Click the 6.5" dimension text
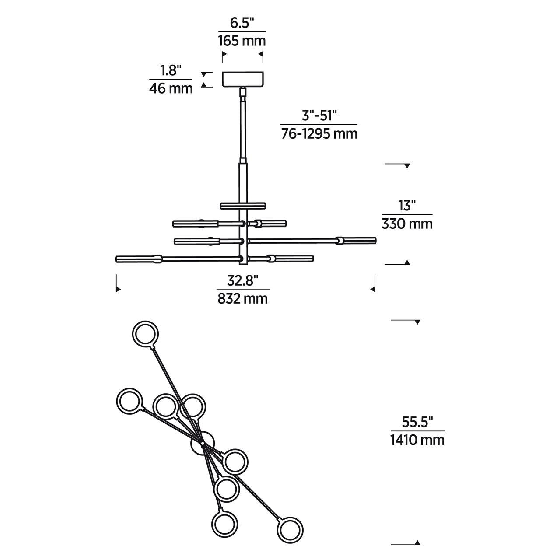click(242, 23)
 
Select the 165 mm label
click(242, 41)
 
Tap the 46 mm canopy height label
click(171, 88)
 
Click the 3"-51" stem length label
click(319, 115)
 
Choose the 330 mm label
click(407, 224)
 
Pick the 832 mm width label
click(242, 298)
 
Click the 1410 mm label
click(417, 440)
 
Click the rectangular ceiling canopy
click(243, 79)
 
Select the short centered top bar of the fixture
click(243, 205)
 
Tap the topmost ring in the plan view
click(145, 334)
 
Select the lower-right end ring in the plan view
click(290, 530)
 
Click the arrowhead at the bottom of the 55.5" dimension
click(417, 542)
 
